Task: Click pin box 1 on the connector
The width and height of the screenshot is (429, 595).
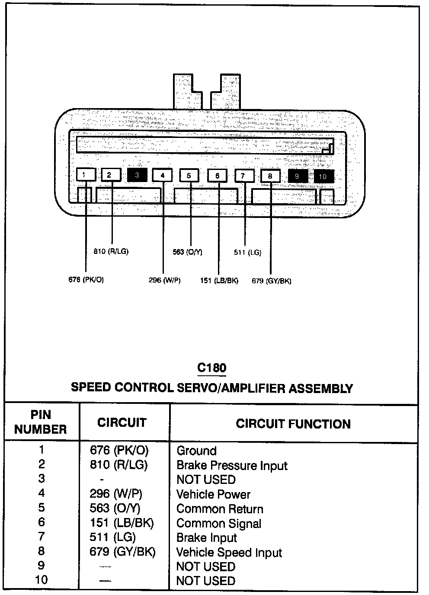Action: coord(86,175)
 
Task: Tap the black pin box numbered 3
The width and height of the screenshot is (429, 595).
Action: coord(137,175)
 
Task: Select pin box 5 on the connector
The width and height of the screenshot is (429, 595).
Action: coord(189,176)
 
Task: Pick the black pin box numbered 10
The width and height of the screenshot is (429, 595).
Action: coord(323,176)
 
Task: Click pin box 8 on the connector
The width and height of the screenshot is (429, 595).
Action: coord(270,176)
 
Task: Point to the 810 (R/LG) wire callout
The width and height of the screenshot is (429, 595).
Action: coord(111,251)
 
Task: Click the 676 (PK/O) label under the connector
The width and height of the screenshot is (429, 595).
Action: coord(86,280)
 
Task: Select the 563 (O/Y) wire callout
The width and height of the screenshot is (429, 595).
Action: coord(187,252)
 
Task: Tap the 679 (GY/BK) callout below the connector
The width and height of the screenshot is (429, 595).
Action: coord(271,281)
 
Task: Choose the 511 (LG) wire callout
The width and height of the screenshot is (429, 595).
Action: coord(247,253)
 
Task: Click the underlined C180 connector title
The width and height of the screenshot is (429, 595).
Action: coord(211,368)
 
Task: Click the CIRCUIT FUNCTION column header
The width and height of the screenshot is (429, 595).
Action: coord(293,424)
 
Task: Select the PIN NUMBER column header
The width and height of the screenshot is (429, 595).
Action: coord(41,422)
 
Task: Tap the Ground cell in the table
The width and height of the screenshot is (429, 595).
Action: coord(196,451)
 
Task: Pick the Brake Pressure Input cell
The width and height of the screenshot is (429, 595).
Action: coord(232,466)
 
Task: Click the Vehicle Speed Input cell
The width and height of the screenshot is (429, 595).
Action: coord(229,553)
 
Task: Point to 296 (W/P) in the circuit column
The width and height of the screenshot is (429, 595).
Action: coord(116,494)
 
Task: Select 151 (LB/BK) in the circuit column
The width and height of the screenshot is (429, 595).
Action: coord(122,523)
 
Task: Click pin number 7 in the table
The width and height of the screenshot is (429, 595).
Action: coord(41,537)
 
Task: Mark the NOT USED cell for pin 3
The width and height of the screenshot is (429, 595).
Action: coord(206,480)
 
